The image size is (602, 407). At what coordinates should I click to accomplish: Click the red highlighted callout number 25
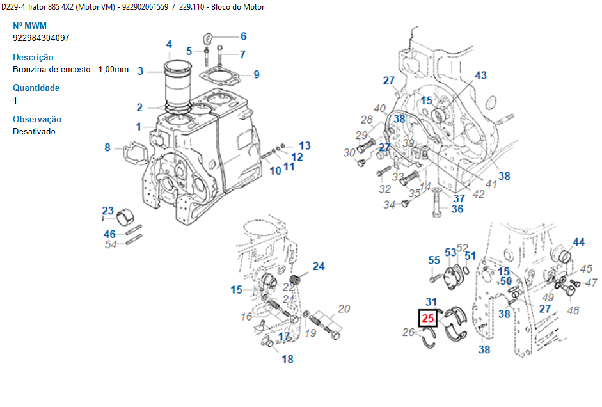427,318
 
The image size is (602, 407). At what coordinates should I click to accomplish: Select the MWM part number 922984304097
41,38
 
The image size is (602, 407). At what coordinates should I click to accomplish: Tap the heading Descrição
33,57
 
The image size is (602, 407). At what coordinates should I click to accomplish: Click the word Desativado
34,131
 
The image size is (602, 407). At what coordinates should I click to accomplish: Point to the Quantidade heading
36,88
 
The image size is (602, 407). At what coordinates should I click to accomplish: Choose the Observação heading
37,119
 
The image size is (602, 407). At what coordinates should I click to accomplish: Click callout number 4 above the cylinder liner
169,44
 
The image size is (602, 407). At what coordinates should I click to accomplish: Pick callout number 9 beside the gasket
257,75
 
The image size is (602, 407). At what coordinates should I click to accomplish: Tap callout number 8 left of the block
107,148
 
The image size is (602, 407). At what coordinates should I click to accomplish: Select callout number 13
305,146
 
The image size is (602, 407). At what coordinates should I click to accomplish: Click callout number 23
108,211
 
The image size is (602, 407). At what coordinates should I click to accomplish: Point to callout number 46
109,234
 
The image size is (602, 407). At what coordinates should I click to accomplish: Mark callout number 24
319,266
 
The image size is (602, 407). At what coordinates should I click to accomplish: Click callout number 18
288,359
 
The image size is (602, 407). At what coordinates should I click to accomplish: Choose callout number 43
480,76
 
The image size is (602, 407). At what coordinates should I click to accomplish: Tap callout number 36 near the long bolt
457,209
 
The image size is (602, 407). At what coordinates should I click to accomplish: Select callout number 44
578,242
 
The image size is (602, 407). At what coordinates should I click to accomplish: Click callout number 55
434,260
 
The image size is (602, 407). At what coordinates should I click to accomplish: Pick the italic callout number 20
344,309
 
